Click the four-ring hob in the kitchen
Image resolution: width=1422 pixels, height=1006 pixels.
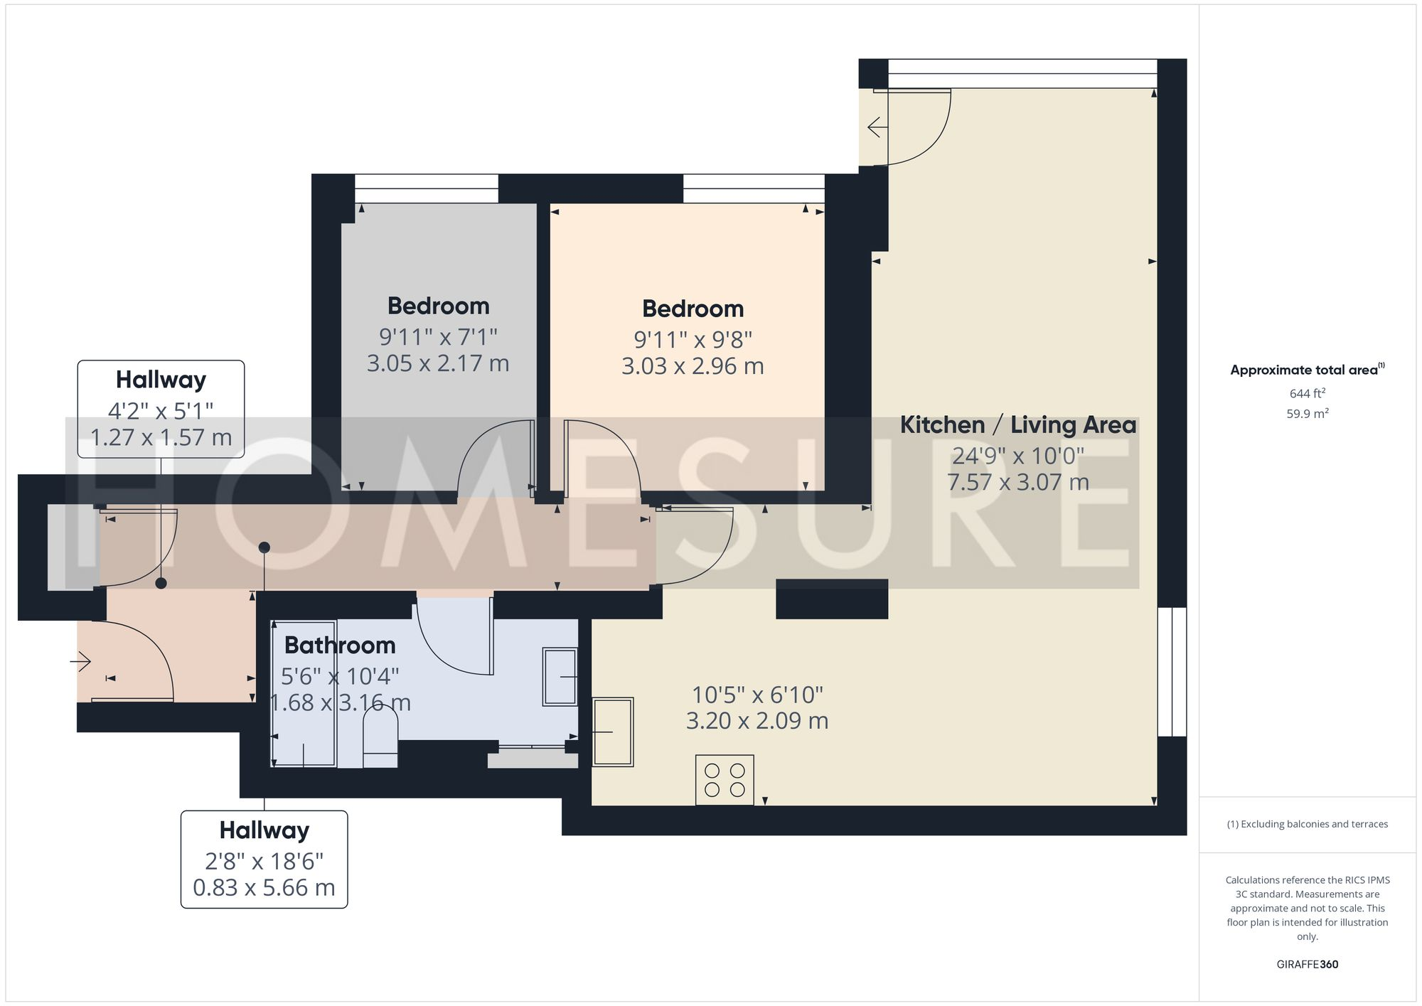click(725, 780)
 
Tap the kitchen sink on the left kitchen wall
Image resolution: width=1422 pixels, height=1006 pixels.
click(613, 732)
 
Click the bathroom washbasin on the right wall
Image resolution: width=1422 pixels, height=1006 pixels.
click(560, 676)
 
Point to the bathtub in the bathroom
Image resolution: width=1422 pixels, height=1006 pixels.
click(304, 693)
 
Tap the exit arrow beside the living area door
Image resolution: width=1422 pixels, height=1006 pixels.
click(876, 128)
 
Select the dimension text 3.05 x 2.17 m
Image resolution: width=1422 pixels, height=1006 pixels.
click(438, 363)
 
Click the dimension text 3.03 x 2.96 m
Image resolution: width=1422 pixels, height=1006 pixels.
click(693, 366)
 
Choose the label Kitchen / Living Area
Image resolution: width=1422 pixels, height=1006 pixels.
click(1017, 425)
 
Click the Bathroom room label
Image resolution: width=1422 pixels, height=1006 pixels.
click(340, 646)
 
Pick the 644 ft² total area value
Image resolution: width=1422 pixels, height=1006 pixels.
click(1307, 393)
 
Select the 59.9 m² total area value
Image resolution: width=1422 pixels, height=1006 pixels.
click(1307, 414)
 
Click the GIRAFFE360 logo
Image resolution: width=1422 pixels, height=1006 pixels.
click(1307, 964)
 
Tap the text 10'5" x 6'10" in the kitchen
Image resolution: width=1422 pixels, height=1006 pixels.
click(757, 695)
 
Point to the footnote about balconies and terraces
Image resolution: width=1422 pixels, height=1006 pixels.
click(1307, 824)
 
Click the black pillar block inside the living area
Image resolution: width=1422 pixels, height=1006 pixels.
click(831, 599)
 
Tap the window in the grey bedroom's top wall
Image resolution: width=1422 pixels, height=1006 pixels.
click(427, 188)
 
